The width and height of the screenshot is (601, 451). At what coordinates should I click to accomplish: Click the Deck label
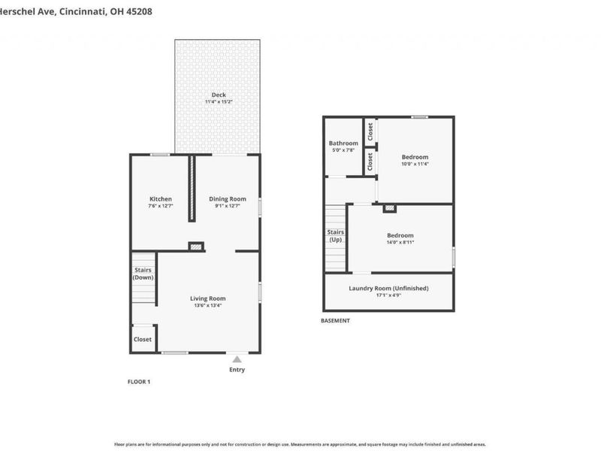pos(219,95)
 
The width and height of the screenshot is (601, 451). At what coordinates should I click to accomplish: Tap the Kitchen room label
pos(161,199)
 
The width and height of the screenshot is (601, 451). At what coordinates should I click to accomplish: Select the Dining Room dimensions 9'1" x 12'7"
pos(228,206)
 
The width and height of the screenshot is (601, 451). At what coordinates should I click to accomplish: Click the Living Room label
pos(207,298)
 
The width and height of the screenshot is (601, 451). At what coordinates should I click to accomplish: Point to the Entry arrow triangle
pos(237,359)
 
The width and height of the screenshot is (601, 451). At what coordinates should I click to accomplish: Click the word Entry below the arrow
pos(237,370)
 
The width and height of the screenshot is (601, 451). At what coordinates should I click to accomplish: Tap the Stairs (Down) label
pos(143,274)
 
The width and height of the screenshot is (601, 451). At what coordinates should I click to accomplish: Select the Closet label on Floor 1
pos(143,339)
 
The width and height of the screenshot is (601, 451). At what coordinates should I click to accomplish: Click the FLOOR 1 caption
pos(139,382)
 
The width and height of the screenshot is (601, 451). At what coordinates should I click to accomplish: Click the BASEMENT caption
pos(335,321)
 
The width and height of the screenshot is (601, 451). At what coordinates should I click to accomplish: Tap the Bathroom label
pos(343,143)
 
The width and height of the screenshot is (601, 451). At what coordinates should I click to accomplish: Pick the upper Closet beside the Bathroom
pos(370,131)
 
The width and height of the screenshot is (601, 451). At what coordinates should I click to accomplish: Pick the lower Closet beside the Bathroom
pos(370,160)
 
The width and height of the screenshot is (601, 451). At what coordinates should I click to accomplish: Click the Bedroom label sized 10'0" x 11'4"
pos(415,156)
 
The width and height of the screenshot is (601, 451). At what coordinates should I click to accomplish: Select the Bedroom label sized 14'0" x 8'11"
pos(400,235)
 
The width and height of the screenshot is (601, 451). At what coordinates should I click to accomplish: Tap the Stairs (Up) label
pos(336,236)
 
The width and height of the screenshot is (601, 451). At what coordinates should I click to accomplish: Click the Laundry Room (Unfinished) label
pos(388,288)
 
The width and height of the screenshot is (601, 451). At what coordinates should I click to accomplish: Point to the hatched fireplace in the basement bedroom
pos(389,208)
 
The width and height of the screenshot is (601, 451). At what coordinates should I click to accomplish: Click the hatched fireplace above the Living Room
pos(196,246)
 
